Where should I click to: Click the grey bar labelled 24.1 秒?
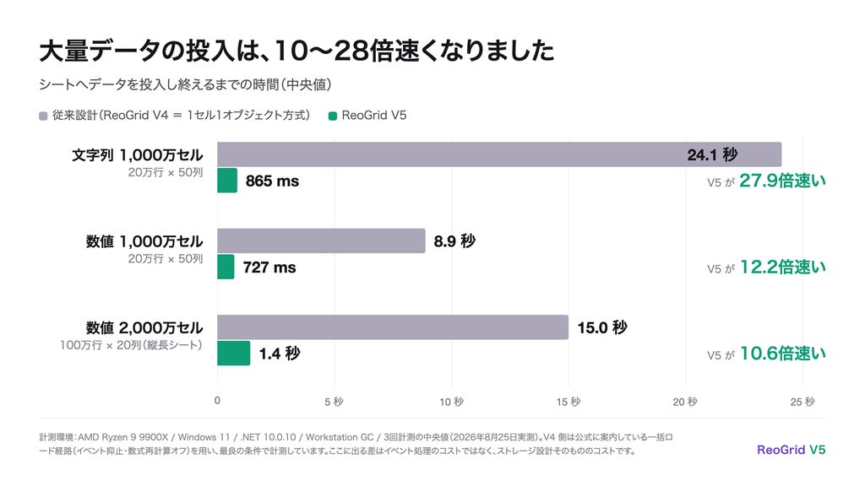499,154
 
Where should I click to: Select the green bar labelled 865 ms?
227,181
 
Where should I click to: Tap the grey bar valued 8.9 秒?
321,240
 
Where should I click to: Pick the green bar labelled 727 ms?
226,267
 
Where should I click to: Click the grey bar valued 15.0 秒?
393,327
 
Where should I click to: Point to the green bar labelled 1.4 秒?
234,354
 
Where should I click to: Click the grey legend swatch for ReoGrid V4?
43,116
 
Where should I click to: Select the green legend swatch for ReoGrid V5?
333,116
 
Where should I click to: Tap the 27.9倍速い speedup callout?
782,181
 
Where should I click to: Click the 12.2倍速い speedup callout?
782,267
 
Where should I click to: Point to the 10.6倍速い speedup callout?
782,354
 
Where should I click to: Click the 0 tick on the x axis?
217,401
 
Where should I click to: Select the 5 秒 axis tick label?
334,402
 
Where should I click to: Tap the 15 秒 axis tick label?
569,402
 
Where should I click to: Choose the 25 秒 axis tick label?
802,402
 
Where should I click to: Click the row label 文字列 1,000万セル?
138,155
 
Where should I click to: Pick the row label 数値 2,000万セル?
144,328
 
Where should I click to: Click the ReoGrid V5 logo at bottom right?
791,450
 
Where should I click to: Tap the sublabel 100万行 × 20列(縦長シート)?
131,345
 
